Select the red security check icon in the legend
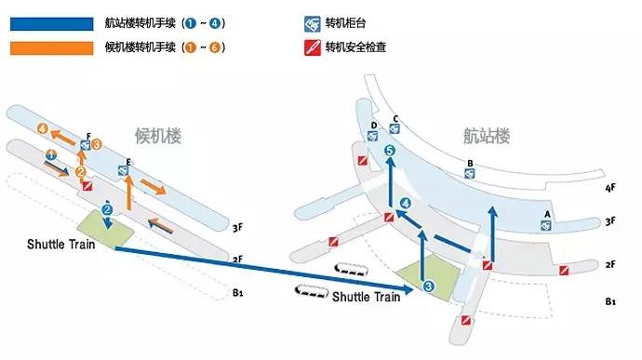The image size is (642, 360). pos(313,46)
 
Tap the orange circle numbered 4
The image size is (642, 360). pos(41,128)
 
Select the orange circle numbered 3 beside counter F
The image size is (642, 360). pos(96,143)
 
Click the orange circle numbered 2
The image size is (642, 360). pos(82,171)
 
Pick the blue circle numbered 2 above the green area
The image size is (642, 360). pos(108,210)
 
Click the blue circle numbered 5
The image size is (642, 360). pos(390,151)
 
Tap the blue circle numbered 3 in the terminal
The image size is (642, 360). pos(429,287)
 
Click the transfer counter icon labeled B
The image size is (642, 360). pos(471,174)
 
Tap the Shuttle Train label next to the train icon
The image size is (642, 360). pos(366,298)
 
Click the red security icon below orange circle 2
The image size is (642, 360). pos(87,186)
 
